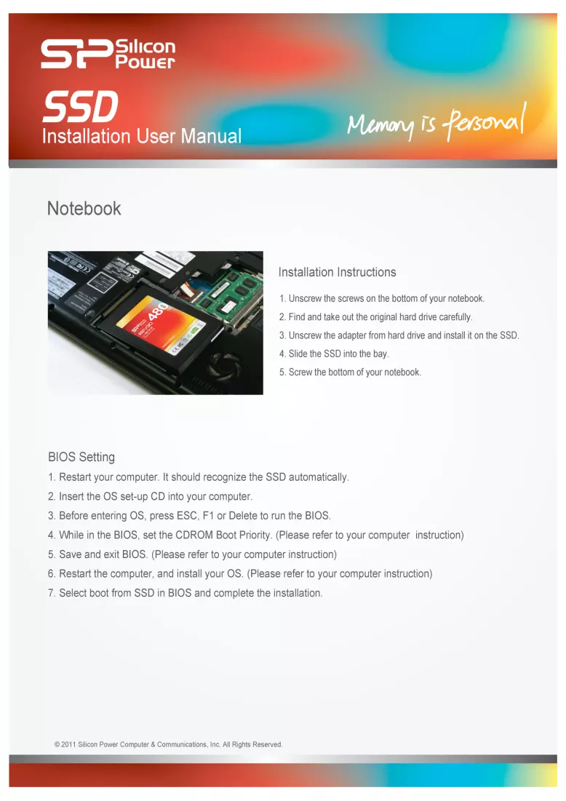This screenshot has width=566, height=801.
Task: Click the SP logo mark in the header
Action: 76,54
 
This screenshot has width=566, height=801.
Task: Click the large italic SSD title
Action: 80,106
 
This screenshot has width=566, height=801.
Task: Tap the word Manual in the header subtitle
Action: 211,136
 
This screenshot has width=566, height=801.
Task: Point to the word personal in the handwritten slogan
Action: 485,121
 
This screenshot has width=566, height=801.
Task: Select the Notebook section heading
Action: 84,208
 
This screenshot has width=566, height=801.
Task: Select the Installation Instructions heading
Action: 337,272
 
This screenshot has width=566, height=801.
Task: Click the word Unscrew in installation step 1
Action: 306,298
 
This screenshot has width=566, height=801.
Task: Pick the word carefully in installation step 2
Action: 455,317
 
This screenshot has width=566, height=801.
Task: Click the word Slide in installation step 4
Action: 298,354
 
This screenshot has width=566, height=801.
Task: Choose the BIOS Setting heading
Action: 81,457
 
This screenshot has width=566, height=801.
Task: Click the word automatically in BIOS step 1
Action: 319,477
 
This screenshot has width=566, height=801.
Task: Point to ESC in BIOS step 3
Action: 187,515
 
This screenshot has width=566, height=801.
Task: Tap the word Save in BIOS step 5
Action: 70,554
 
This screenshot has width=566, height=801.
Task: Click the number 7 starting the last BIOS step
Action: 51,593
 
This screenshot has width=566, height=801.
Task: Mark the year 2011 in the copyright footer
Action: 68,744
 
